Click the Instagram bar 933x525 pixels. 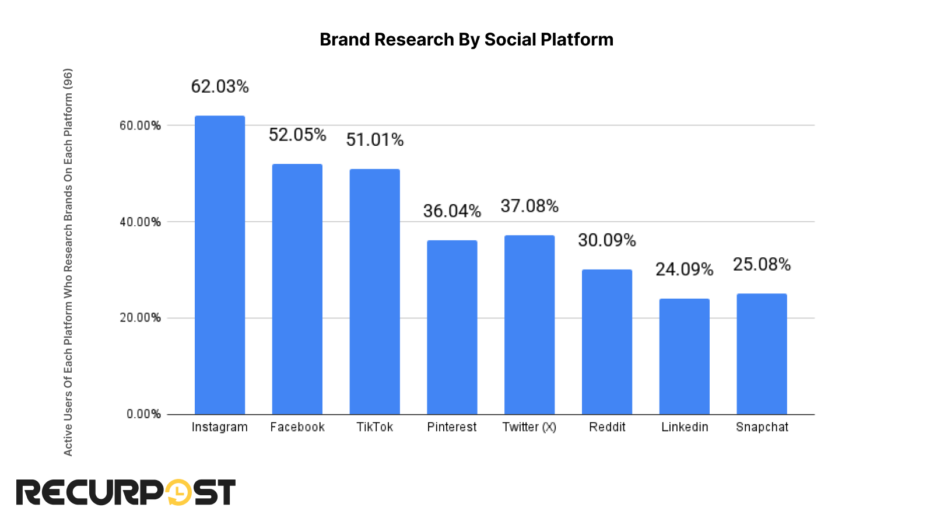tap(220, 265)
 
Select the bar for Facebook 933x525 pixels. tap(297, 289)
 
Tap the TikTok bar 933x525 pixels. tap(375, 292)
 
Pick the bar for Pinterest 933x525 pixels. tap(452, 327)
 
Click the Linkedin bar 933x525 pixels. tap(685, 356)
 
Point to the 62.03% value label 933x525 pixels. tap(220, 87)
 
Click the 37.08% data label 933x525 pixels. tap(529, 206)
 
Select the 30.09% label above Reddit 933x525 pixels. tap(607, 240)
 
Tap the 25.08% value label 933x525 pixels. tap(762, 265)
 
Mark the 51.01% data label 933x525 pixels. tap(375, 140)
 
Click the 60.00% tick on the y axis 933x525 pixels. tap(140, 126)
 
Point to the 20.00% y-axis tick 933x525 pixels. tap(140, 318)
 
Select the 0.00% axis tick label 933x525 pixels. tap(143, 414)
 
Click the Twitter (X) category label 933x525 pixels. tap(529, 427)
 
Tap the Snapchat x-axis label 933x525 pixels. tap(762, 427)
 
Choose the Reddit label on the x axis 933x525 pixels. tap(607, 427)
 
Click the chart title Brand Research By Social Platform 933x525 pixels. tap(466, 40)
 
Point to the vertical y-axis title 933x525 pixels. tap(68, 262)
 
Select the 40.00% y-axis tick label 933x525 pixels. tap(140, 222)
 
